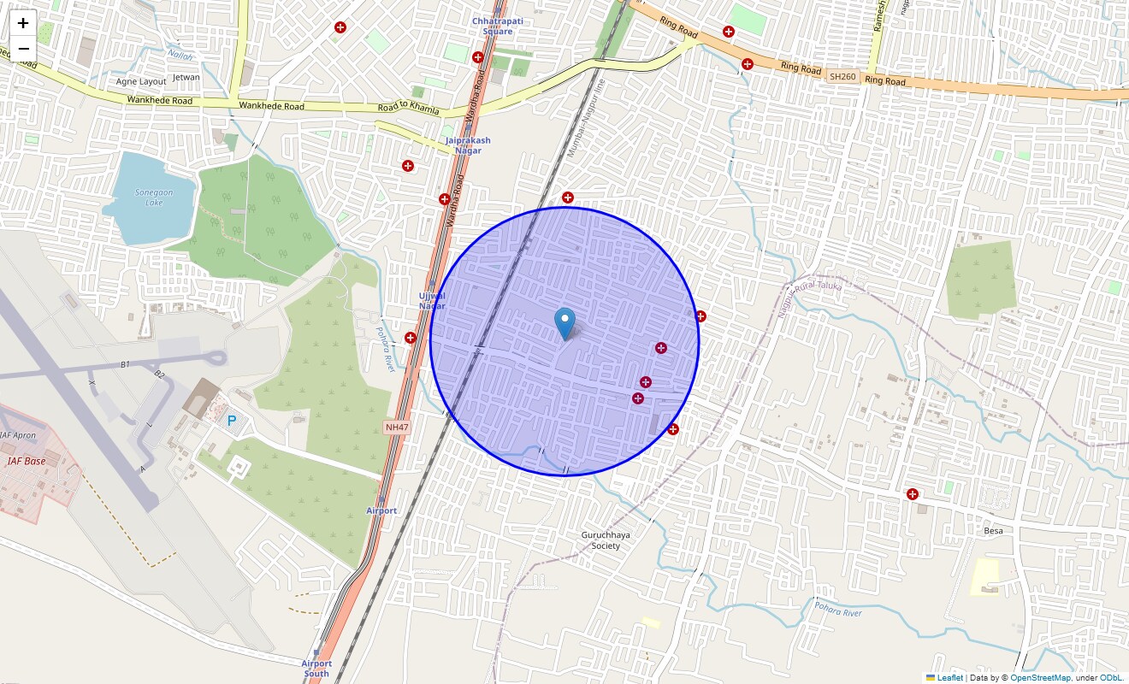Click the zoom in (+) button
[x=23, y=23]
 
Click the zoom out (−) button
[x=23, y=49]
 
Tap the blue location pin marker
[x=564, y=323]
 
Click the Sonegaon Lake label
[x=154, y=198]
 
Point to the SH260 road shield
[x=842, y=77]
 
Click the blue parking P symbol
[x=231, y=420]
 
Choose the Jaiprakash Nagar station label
[x=468, y=145]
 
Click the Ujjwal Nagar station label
[x=432, y=300]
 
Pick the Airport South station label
[x=316, y=668]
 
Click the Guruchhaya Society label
[x=606, y=540]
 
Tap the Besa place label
[x=993, y=530]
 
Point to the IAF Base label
[x=27, y=461]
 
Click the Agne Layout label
[x=141, y=82]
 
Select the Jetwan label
[x=186, y=77]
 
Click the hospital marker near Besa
[x=913, y=494]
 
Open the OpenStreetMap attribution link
[x=1040, y=678]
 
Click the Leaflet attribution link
[x=949, y=678]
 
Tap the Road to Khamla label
[x=408, y=109]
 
